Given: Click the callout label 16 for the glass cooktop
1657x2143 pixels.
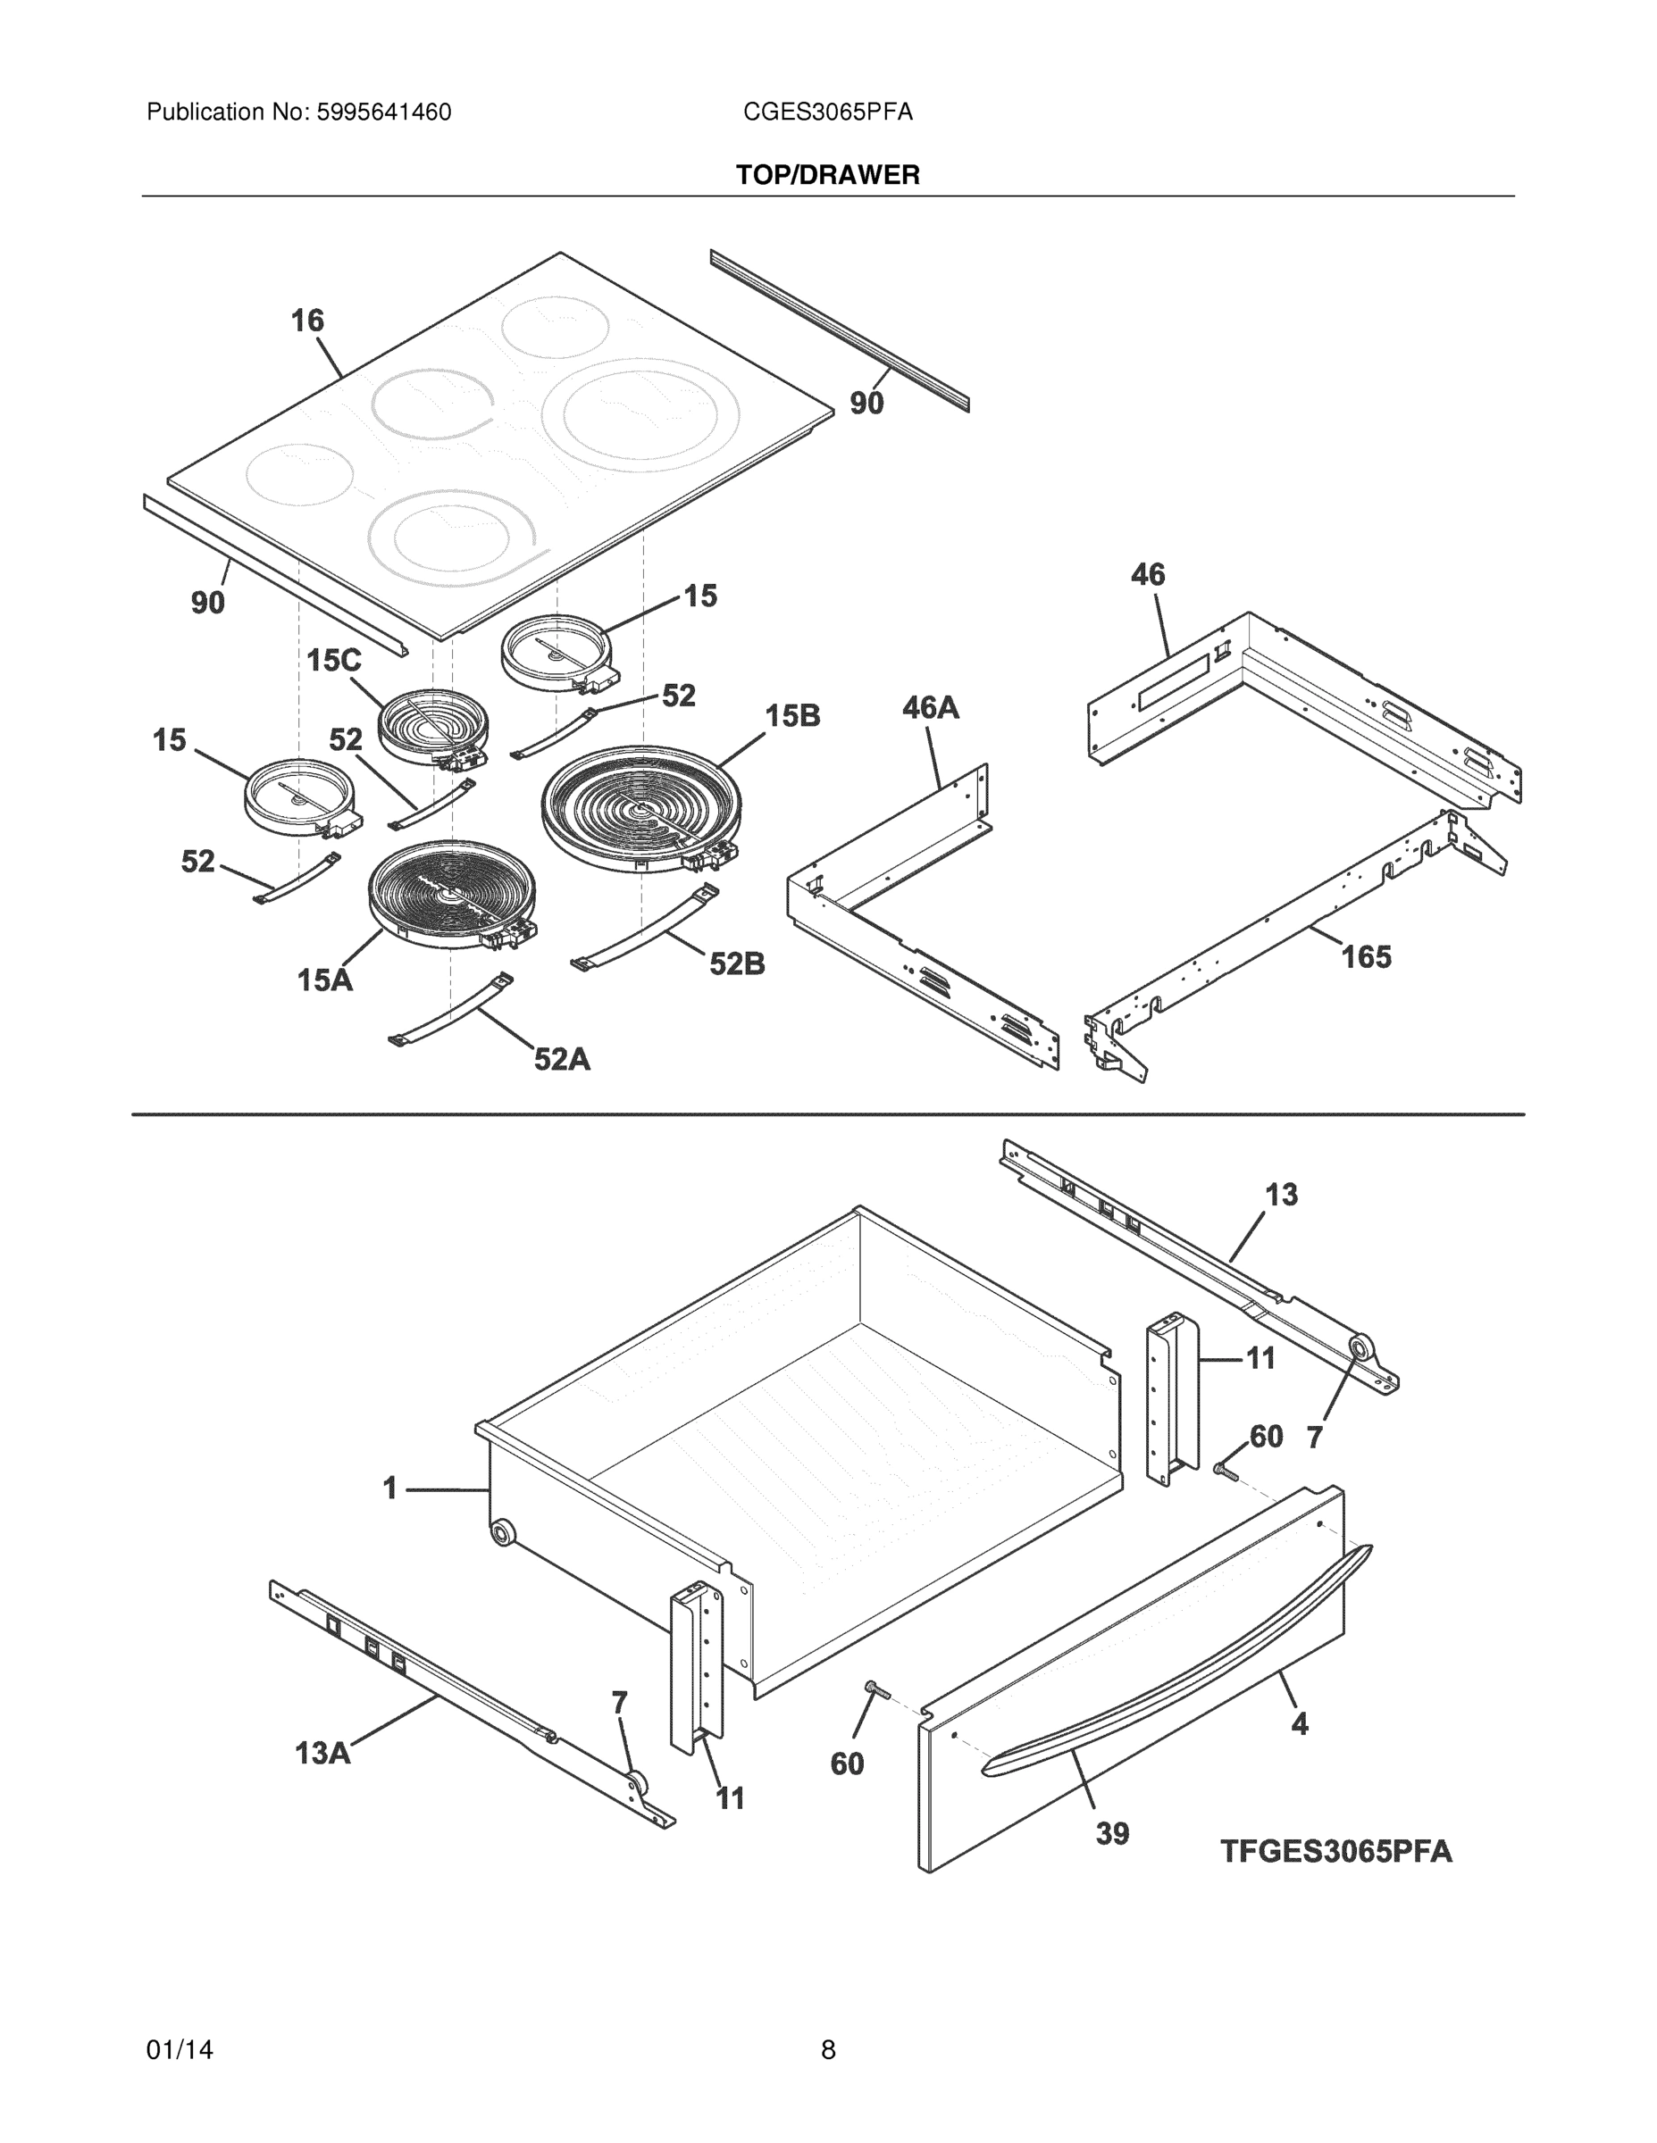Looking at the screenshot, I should pos(307,320).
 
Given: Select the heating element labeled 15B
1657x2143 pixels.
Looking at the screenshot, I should pos(640,806).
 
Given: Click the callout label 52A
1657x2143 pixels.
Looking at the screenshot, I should pos(562,1059).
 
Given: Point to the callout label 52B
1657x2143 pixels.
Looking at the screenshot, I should pos(737,963).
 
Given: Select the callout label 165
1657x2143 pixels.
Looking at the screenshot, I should pos(1366,955).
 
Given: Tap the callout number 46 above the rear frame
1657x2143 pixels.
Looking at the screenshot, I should pos(1148,574).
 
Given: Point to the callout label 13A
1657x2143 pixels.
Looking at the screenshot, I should pos(323,1753).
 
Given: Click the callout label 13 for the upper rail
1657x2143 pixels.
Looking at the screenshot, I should pos(1281,1194).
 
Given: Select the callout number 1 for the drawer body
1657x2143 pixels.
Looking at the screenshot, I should pos(389,1488).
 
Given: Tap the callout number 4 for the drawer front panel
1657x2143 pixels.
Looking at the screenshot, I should pos(1299,1723).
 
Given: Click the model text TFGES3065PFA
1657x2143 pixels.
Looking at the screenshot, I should pos(1335,1852).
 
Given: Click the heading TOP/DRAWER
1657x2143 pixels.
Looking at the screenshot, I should pos(827,175).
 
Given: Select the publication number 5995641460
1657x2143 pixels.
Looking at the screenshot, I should pos(383,113).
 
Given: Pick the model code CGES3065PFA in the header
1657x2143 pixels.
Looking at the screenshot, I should pos(827,113).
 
